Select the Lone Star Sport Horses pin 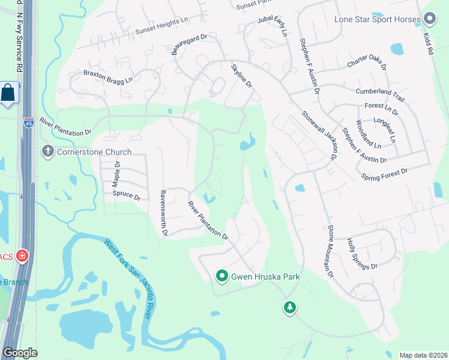[429, 19]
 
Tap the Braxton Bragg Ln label [108, 76]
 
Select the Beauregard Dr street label [189, 44]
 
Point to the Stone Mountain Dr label [330, 251]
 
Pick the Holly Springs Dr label [362, 253]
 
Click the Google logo [20, 353]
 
